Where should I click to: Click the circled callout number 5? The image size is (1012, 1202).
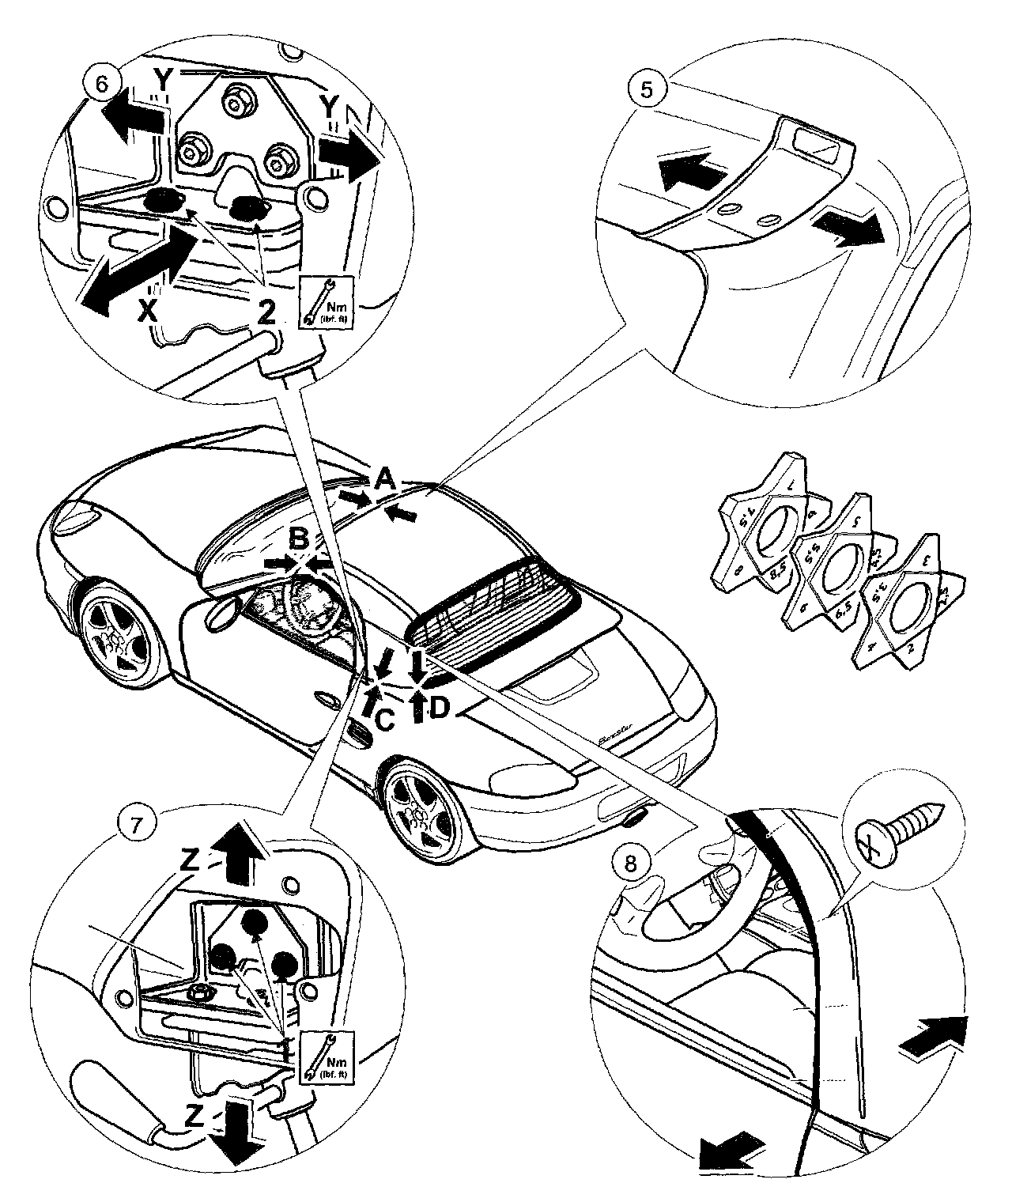click(647, 89)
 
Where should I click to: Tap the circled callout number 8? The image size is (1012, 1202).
click(630, 864)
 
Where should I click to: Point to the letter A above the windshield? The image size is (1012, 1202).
click(383, 478)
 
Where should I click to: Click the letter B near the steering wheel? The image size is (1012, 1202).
click(298, 540)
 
